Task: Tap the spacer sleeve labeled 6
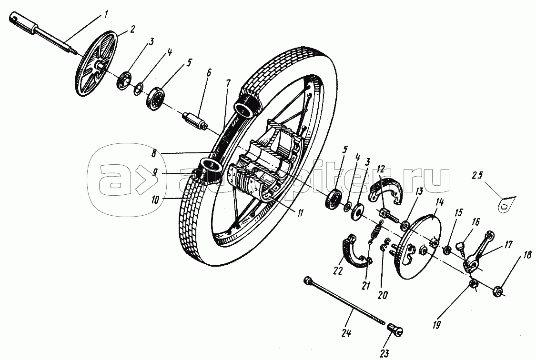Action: [196, 120]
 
